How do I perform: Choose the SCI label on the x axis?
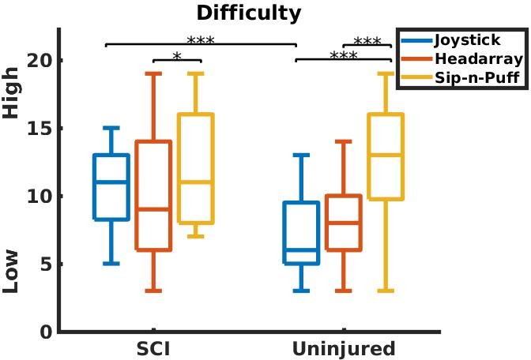point(153,349)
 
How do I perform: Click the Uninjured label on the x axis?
point(344,349)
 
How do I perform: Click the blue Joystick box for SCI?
point(111,187)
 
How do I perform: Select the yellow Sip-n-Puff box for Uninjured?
point(386,156)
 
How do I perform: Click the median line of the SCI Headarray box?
point(153,209)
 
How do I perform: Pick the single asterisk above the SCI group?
point(176,56)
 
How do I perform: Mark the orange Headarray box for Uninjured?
point(344,223)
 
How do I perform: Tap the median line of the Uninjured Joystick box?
point(301,249)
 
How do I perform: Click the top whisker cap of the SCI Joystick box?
point(111,128)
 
